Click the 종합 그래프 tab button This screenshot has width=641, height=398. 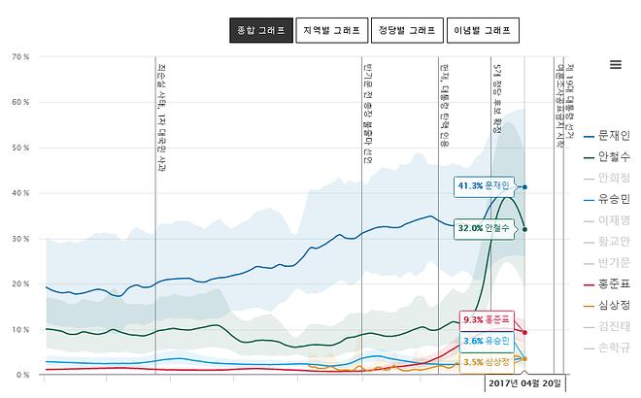coord(260,30)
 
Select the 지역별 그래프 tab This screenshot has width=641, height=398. coord(331,30)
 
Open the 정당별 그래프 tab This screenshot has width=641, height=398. coord(408,30)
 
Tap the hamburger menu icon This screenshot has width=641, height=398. coord(615,65)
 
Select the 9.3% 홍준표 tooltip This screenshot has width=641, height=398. coord(485,319)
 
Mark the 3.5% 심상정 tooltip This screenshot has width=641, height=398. coord(485,362)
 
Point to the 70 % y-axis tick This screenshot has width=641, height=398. coord(19,57)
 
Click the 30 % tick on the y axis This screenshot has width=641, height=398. coord(19,239)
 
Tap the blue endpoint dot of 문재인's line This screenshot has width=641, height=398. coord(525,186)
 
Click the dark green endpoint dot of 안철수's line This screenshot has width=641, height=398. coord(525,229)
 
